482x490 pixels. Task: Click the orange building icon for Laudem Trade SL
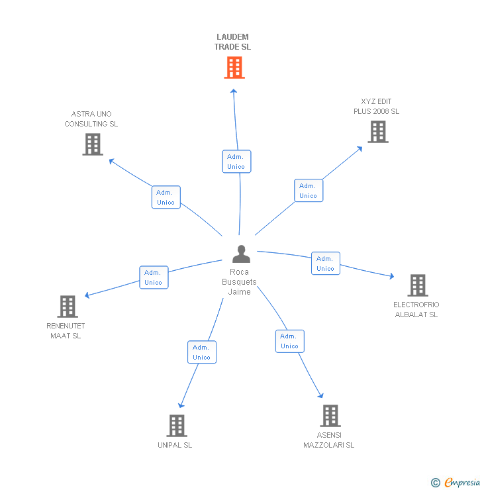[234, 68]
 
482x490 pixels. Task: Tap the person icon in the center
[241, 254]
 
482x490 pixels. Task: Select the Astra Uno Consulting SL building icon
[93, 144]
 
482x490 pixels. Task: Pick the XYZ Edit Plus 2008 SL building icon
[377, 132]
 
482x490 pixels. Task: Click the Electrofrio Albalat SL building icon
[417, 285]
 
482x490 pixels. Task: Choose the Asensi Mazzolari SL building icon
[330, 416]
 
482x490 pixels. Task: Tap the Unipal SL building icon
[176, 426]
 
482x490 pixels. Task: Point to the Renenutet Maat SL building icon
[68, 307]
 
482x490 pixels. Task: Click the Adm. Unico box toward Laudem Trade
[236, 162]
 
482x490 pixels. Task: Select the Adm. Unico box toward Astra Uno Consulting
[166, 197]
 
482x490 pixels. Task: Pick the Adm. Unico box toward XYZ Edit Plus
[309, 190]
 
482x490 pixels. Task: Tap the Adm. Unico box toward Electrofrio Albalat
[325, 264]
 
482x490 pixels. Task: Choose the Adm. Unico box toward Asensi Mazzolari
[289, 341]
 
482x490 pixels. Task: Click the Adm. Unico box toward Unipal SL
[201, 352]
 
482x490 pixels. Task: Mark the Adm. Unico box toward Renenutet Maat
[154, 277]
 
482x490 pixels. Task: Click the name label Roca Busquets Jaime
[239, 282]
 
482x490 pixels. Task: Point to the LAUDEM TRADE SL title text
[232, 42]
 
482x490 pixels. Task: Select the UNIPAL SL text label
[175, 445]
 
